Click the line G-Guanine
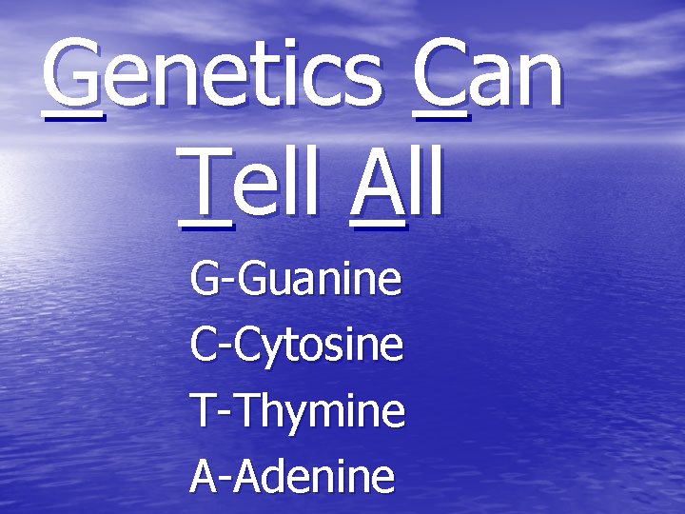[296, 281]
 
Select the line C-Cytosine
[297, 346]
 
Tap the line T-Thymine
[298, 411]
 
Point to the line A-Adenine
[292, 475]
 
